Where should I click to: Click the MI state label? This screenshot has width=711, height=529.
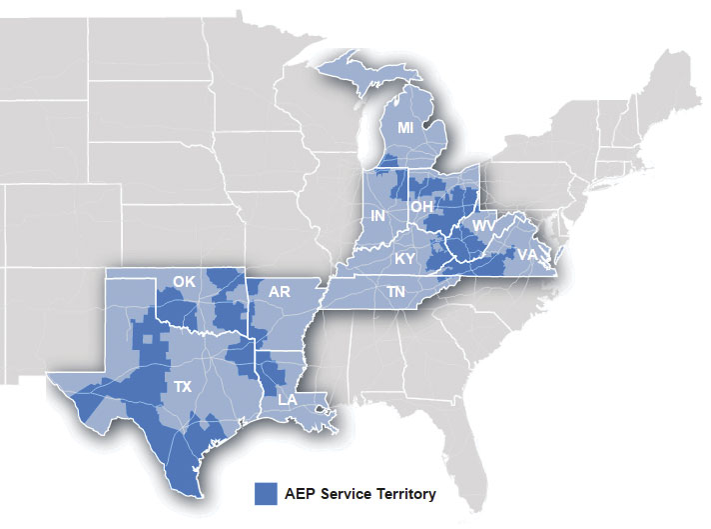404,129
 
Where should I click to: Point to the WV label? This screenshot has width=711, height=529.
483,227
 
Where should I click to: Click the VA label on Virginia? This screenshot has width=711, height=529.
526,255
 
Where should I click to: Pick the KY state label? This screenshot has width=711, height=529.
404,258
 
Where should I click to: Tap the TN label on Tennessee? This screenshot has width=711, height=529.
397,292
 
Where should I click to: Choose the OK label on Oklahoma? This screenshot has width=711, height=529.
184,282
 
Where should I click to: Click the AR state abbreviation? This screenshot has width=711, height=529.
281,291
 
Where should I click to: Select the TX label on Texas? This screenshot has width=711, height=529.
182,385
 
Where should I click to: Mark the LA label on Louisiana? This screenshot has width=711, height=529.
287,400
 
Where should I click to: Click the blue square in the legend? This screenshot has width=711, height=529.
266,493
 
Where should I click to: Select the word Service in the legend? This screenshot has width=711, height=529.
347,494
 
